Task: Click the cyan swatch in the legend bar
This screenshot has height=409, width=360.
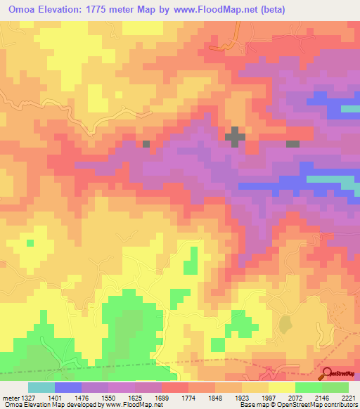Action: tap(41, 387)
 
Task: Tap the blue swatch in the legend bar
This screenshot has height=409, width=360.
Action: tap(68, 387)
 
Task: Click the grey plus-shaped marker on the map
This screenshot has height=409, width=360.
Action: tap(234, 136)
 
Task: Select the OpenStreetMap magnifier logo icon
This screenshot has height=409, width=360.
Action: tap(328, 374)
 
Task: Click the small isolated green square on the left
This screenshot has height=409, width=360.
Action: tap(30, 243)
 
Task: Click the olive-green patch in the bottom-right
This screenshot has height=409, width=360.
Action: tap(285, 323)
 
